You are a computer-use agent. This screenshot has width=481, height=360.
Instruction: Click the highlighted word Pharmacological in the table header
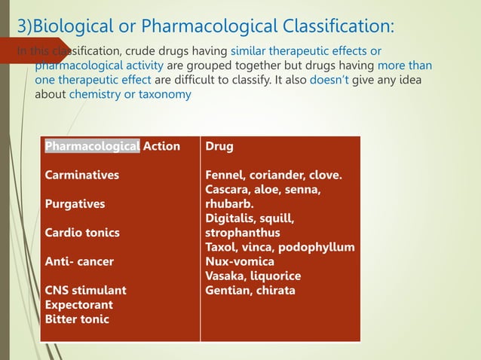click(x=92, y=146)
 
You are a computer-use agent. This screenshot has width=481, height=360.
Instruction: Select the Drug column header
click(x=219, y=146)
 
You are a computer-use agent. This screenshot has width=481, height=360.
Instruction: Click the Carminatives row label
click(x=81, y=175)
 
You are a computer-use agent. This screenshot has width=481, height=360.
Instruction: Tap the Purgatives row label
click(x=75, y=204)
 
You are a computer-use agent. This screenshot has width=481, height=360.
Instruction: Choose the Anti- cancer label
click(x=79, y=261)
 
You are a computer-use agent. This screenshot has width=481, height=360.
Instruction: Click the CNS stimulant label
click(x=85, y=290)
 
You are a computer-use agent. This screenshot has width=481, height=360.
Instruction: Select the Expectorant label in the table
click(x=79, y=305)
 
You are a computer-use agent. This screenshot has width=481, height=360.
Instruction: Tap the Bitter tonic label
click(x=76, y=319)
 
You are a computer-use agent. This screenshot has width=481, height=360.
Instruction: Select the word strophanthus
click(x=242, y=233)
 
